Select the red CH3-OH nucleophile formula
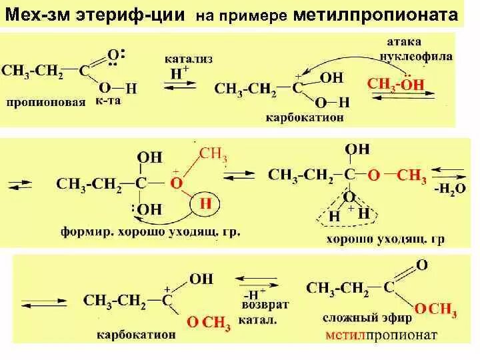[x=395, y=85]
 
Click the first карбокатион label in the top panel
[x=300, y=116]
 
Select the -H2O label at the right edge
[x=443, y=189]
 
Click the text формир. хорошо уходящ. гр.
[x=150, y=233]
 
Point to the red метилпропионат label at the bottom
[x=381, y=335]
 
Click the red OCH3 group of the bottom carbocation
[x=208, y=325]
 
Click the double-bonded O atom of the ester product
[x=421, y=265]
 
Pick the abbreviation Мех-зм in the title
[x=35, y=15]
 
